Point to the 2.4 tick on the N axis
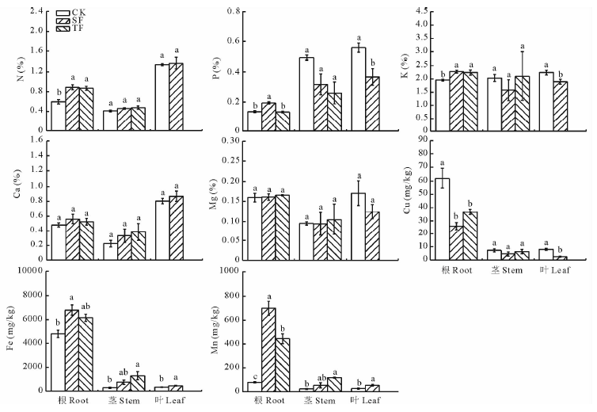pos(34,12)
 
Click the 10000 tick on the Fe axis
pos(28,271)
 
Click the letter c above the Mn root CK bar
pos(254,377)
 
